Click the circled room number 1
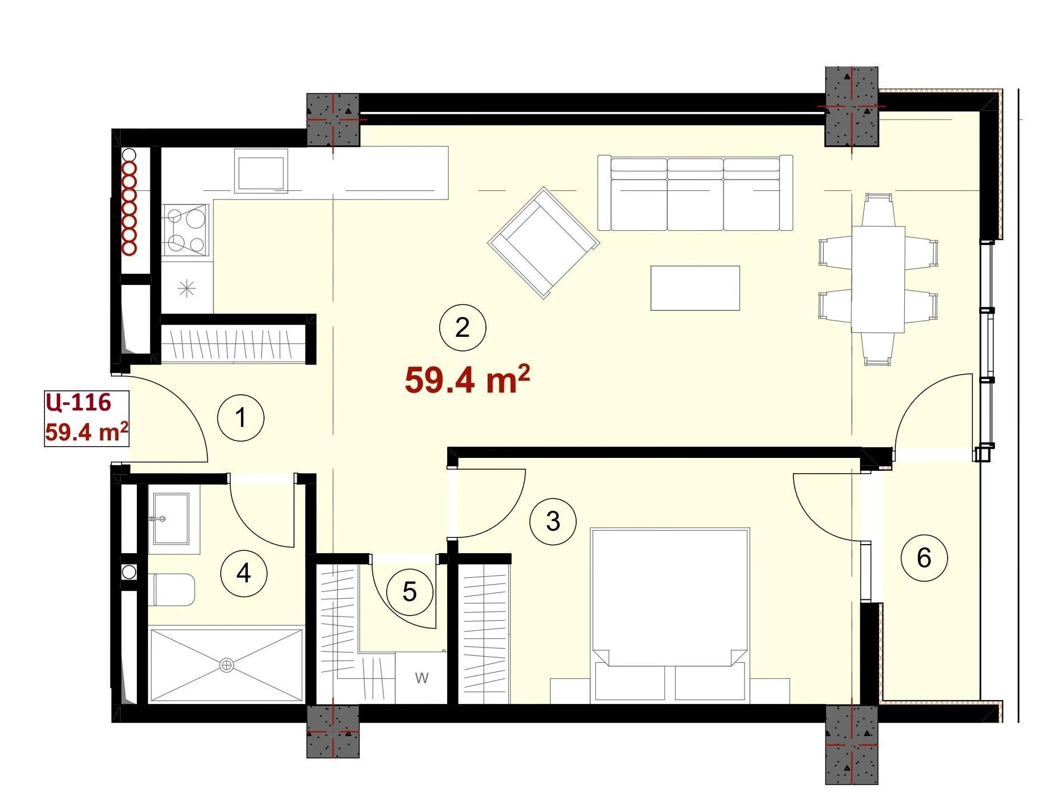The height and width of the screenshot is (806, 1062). coord(241,418)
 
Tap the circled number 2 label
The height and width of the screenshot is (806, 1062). coord(462,328)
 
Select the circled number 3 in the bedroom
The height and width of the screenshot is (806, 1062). coord(553,521)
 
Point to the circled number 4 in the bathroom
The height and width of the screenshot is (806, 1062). coord(243,573)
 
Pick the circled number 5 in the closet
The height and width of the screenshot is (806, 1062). coord(410,592)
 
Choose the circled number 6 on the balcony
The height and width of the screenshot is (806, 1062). coord(924,558)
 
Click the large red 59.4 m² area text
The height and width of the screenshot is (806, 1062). coord(467,380)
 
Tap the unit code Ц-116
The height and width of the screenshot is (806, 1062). coord(78,403)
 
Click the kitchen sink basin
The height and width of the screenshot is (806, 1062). coord(261,173)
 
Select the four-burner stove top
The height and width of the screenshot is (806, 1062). coord(186,230)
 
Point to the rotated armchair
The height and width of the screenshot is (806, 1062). coord(543,242)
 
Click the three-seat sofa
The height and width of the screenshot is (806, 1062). coord(695,193)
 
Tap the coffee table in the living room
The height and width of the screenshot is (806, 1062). coord(695,288)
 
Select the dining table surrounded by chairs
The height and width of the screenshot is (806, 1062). coord(878,279)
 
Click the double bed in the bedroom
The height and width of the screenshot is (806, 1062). coord(670,616)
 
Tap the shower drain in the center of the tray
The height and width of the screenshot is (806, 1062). coord(226,665)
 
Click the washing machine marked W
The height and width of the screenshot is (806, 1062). coord(421,678)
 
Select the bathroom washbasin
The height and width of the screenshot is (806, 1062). coord(171,519)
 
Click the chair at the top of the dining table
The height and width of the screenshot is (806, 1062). coord(878,210)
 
